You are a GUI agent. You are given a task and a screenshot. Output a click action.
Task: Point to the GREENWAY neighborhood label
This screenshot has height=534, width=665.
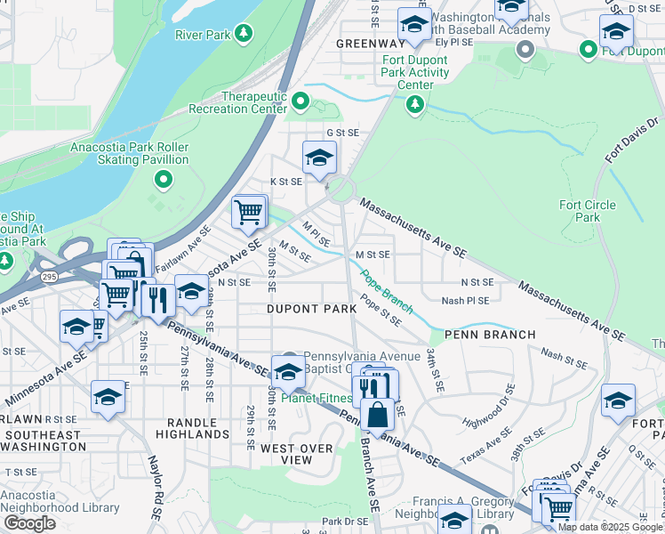tap(371, 44)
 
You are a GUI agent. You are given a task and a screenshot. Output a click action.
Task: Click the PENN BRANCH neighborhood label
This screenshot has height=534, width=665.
tap(490, 335)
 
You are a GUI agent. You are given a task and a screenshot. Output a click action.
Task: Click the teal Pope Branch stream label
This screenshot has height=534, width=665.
tap(386, 292)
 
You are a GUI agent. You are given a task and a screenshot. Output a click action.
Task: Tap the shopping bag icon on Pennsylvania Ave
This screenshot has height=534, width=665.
tap(377, 417)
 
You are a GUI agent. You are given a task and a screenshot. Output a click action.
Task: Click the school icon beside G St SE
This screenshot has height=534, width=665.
tap(319, 158)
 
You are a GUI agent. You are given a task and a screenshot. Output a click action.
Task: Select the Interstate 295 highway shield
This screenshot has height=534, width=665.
tap(50, 277)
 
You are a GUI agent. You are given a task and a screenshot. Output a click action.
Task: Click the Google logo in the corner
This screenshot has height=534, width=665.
tap(30, 523)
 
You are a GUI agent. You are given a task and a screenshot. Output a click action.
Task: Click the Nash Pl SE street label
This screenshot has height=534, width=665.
tap(465, 301)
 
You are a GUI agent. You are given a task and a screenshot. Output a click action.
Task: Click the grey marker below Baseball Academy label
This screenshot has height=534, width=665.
tap(525, 49)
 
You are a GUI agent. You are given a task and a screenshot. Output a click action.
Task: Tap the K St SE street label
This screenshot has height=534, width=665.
tap(291, 182)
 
